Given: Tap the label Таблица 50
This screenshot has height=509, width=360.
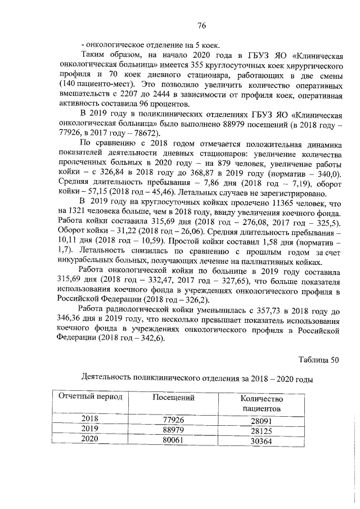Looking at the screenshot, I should (x=318, y=360).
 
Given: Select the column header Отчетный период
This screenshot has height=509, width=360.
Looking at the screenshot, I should (x=91, y=397).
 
